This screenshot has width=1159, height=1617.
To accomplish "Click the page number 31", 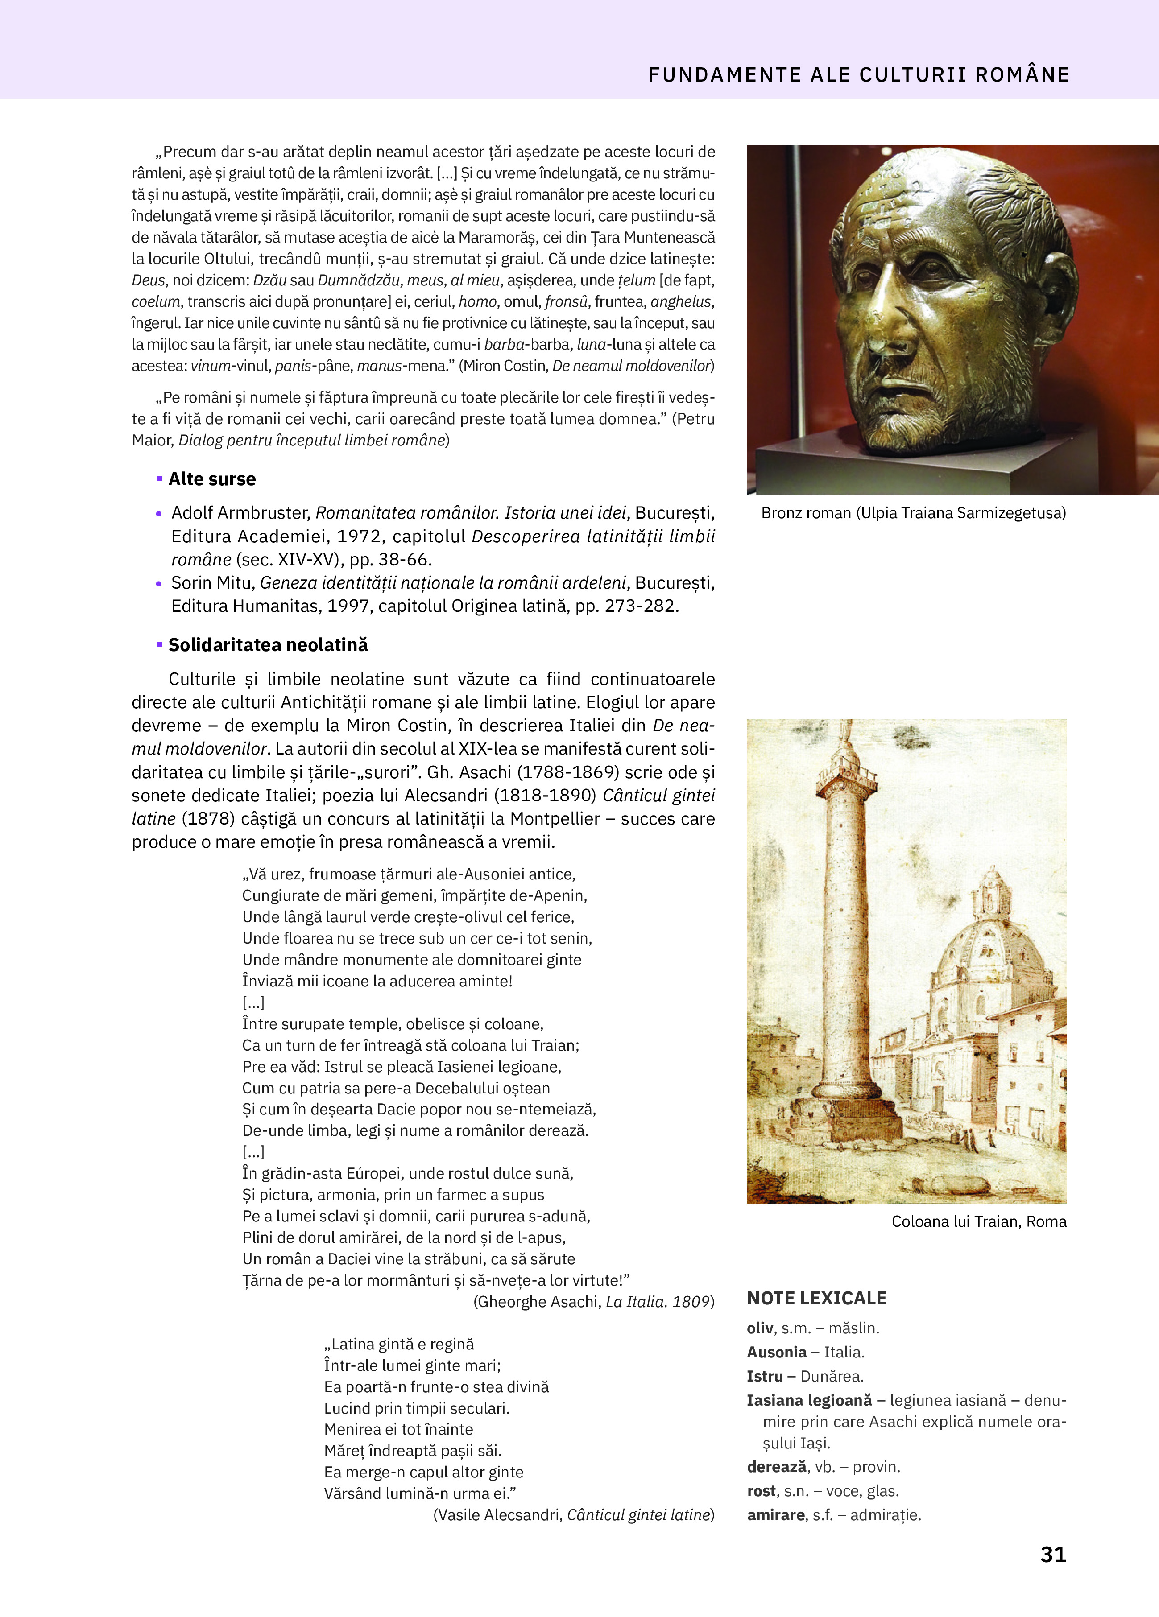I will coord(1053,1554).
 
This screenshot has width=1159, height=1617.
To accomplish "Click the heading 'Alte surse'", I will coord(212,479).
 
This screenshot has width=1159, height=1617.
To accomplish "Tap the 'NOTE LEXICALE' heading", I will coord(817,1298).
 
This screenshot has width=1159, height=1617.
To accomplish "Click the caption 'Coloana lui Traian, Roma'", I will coord(979,1221).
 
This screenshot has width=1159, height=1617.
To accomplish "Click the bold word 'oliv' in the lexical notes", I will coord(760,1328).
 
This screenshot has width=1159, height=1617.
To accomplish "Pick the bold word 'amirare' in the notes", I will coord(776,1515).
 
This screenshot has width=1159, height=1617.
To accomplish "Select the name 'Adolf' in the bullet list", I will coord(193,513).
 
